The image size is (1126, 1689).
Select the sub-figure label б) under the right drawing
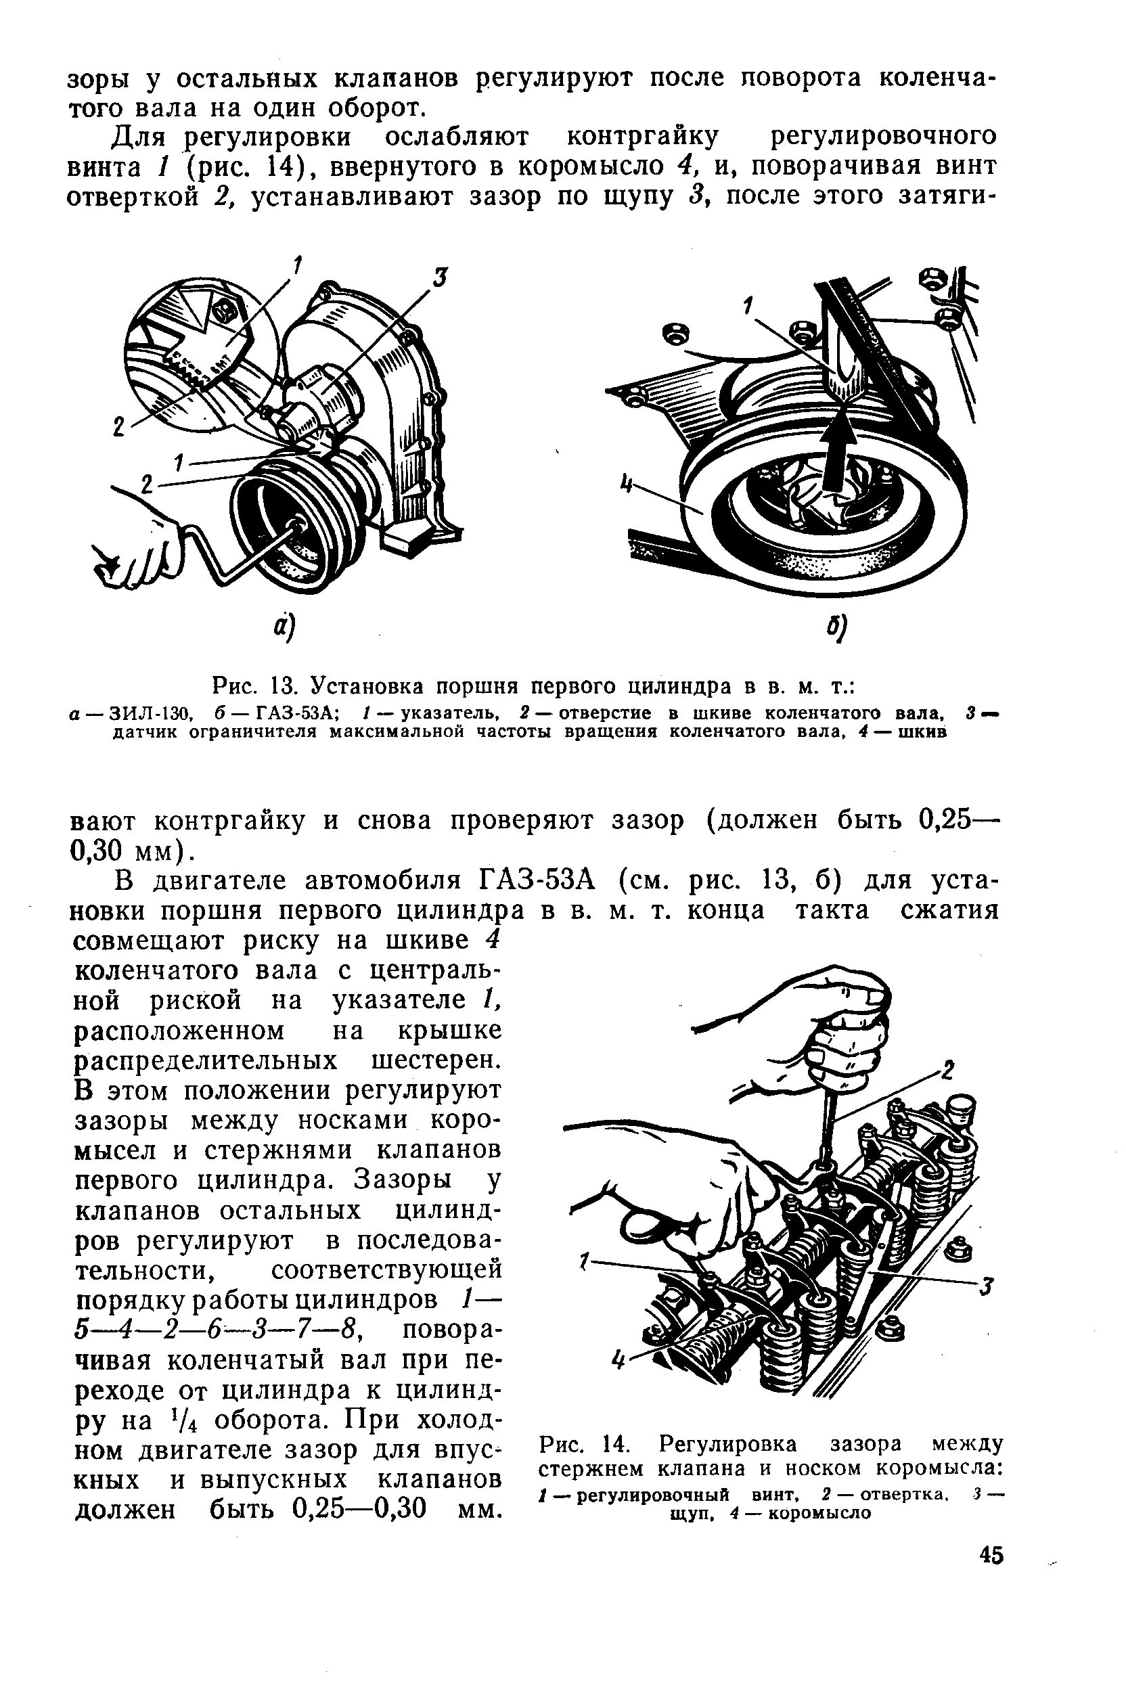834,630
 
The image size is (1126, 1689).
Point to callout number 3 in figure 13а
441,277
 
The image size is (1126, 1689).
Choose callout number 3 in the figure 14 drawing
987,1287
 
